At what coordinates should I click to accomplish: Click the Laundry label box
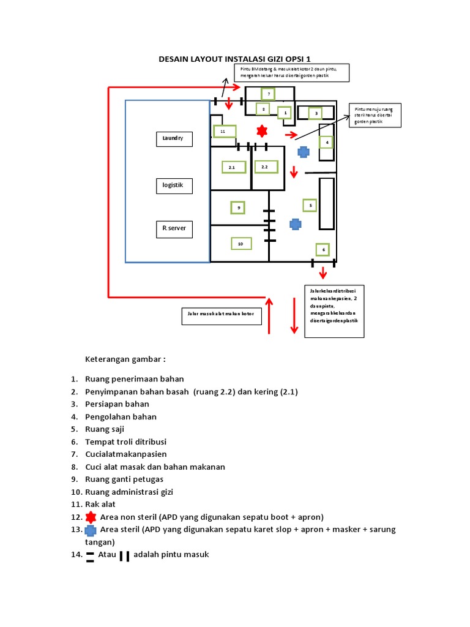[173, 139]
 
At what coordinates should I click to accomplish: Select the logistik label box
[173, 185]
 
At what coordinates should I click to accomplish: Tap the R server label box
[173, 230]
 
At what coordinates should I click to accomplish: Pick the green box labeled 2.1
[233, 167]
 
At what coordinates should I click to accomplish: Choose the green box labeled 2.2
[265, 167]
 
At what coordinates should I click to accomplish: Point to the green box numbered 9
[237, 208]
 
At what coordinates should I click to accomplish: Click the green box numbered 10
[241, 244]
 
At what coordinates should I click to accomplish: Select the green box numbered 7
[267, 94]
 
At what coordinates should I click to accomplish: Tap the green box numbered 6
[322, 249]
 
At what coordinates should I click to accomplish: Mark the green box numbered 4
[327, 142]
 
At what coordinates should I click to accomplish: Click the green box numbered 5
[310, 205]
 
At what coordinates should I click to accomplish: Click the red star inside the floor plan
[262, 131]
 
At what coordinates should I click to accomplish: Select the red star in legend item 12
[91, 517]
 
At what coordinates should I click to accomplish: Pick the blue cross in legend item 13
[91, 530]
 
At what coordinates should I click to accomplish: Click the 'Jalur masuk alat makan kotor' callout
[221, 316]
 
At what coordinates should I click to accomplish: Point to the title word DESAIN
[176, 59]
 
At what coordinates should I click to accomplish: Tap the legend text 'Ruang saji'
[108, 429]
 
